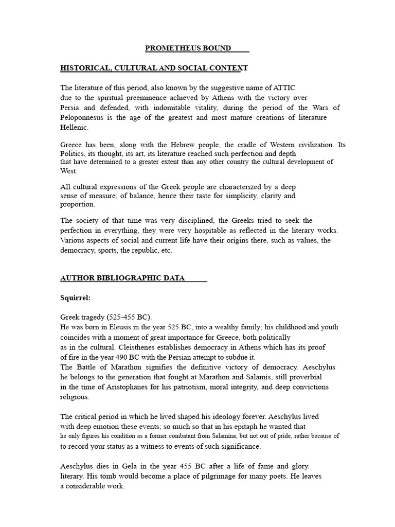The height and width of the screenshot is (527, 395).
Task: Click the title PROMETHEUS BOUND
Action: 188,48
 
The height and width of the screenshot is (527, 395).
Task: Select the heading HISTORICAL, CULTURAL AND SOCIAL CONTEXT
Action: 154,68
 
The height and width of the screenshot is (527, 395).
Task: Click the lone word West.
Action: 69,171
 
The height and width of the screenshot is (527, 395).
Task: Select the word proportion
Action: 78,204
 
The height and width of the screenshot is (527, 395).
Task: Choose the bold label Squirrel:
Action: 76,297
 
